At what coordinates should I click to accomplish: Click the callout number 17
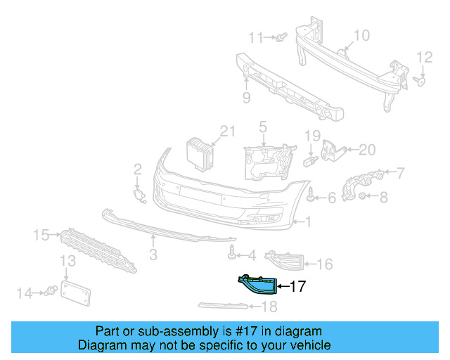pos(298,286)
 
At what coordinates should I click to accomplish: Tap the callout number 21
pos(225,131)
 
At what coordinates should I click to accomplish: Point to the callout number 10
pos(361,35)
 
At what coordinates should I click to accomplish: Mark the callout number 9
pos(246,98)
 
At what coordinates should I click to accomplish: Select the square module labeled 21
pos(199,153)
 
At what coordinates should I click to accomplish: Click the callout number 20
pos(368,149)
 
